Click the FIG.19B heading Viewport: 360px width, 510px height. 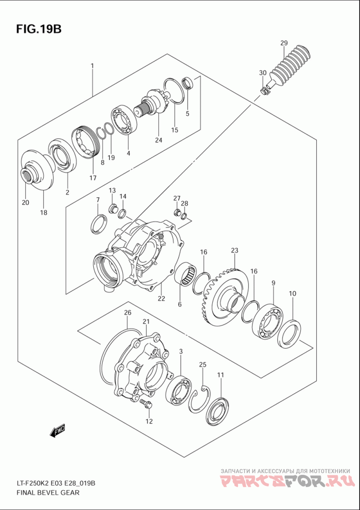(x=38, y=30)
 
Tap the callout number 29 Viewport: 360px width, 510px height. (x=283, y=43)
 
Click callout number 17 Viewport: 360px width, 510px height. (x=93, y=178)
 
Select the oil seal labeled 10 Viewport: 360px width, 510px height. (x=289, y=334)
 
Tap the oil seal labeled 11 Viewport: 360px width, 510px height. (x=218, y=410)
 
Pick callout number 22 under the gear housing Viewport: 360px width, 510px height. (x=161, y=298)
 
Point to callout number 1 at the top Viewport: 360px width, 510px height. (x=92, y=66)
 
